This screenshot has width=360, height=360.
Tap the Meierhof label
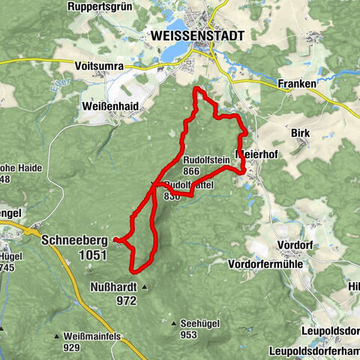point(258,154)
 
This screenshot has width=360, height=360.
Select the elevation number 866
point(190,171)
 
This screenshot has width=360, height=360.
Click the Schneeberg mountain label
point(75,240)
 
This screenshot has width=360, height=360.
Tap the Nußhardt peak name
point(114,286)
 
